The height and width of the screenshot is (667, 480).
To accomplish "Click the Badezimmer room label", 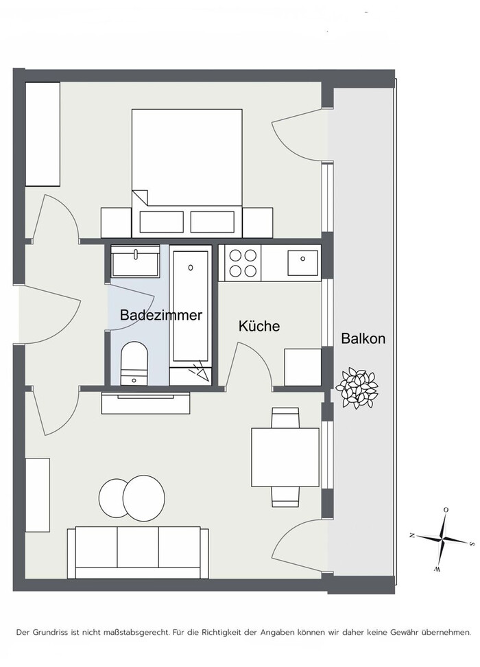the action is coord(160,315).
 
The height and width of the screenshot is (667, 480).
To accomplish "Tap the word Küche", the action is coord(259,326).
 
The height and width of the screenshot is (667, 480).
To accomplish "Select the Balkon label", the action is coord(363,338).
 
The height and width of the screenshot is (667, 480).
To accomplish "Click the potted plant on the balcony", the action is coord(357,388).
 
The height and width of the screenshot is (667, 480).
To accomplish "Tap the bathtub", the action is coord(191,305).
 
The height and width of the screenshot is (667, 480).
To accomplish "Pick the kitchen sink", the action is coord(302,263).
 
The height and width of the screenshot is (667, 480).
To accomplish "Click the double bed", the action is coord(187,173).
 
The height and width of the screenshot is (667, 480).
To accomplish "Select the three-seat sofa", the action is coord(138,552).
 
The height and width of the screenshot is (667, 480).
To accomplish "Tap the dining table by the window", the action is coord(285,457).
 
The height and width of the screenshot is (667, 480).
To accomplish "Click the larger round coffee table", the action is coord(144,498).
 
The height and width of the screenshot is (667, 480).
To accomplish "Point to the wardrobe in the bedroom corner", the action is coord(43,134).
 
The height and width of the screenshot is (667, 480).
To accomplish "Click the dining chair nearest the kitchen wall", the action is coord(285,418).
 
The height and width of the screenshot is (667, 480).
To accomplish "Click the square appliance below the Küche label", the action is coord(302,367).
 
